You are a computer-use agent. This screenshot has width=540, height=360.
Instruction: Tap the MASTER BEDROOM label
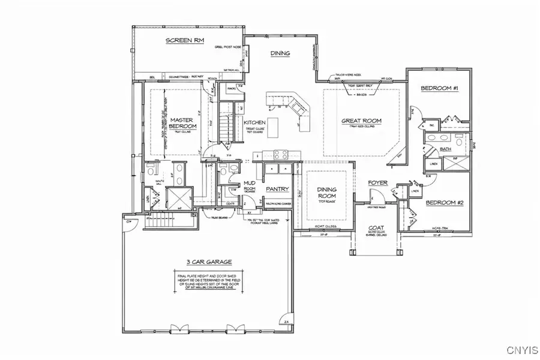(183, 122)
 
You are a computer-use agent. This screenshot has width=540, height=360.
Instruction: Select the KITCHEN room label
(254, 122)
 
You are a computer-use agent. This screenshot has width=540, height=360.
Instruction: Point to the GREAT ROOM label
(361, 121)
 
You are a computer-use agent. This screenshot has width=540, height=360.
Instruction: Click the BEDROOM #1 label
(439, 89)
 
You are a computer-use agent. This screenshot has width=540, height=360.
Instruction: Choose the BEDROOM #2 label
(445, 203)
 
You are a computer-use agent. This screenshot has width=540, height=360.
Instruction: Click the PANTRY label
(278, 189)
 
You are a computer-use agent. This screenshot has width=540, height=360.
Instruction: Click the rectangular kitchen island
(273, 127)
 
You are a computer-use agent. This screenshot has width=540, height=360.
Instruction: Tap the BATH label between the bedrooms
(445, 149)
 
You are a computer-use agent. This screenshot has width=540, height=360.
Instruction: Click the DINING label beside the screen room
(280, 53)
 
